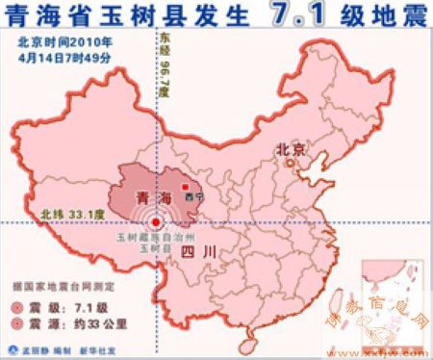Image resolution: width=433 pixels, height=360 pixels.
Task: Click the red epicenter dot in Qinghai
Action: click(x=157, y=222)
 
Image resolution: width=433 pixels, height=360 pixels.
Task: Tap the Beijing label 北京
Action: click(x=291, y=149)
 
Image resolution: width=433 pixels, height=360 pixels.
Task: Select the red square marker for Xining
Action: click(x=186, y=187)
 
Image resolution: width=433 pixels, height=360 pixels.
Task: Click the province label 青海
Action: click(x=150, y=199)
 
